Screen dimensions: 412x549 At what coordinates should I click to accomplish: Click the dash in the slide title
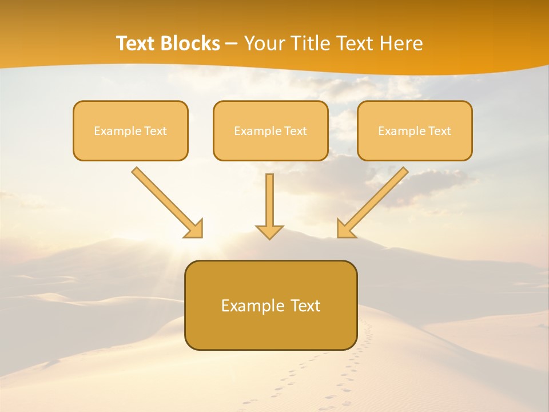(x=232, y=44)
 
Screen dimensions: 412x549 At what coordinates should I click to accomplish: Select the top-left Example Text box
(x=130, y=130)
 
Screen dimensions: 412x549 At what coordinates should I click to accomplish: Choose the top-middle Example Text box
(x=270, y=130)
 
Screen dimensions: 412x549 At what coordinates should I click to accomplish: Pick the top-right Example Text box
(x=415, y=130)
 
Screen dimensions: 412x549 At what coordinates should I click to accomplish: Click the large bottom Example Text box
(x=270, y=305)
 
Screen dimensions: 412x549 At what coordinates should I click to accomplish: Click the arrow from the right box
(x=375, y=200)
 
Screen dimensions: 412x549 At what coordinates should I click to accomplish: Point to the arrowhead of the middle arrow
(x=269, y=232)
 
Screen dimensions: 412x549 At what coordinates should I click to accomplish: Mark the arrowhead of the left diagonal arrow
(x=194, y=229)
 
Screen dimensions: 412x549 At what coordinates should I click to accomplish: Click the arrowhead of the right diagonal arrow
(x=345, y=229)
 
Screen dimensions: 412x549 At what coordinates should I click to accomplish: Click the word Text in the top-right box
(x=440, y=131)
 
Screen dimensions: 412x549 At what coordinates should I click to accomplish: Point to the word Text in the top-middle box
(x=296, y=131)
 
